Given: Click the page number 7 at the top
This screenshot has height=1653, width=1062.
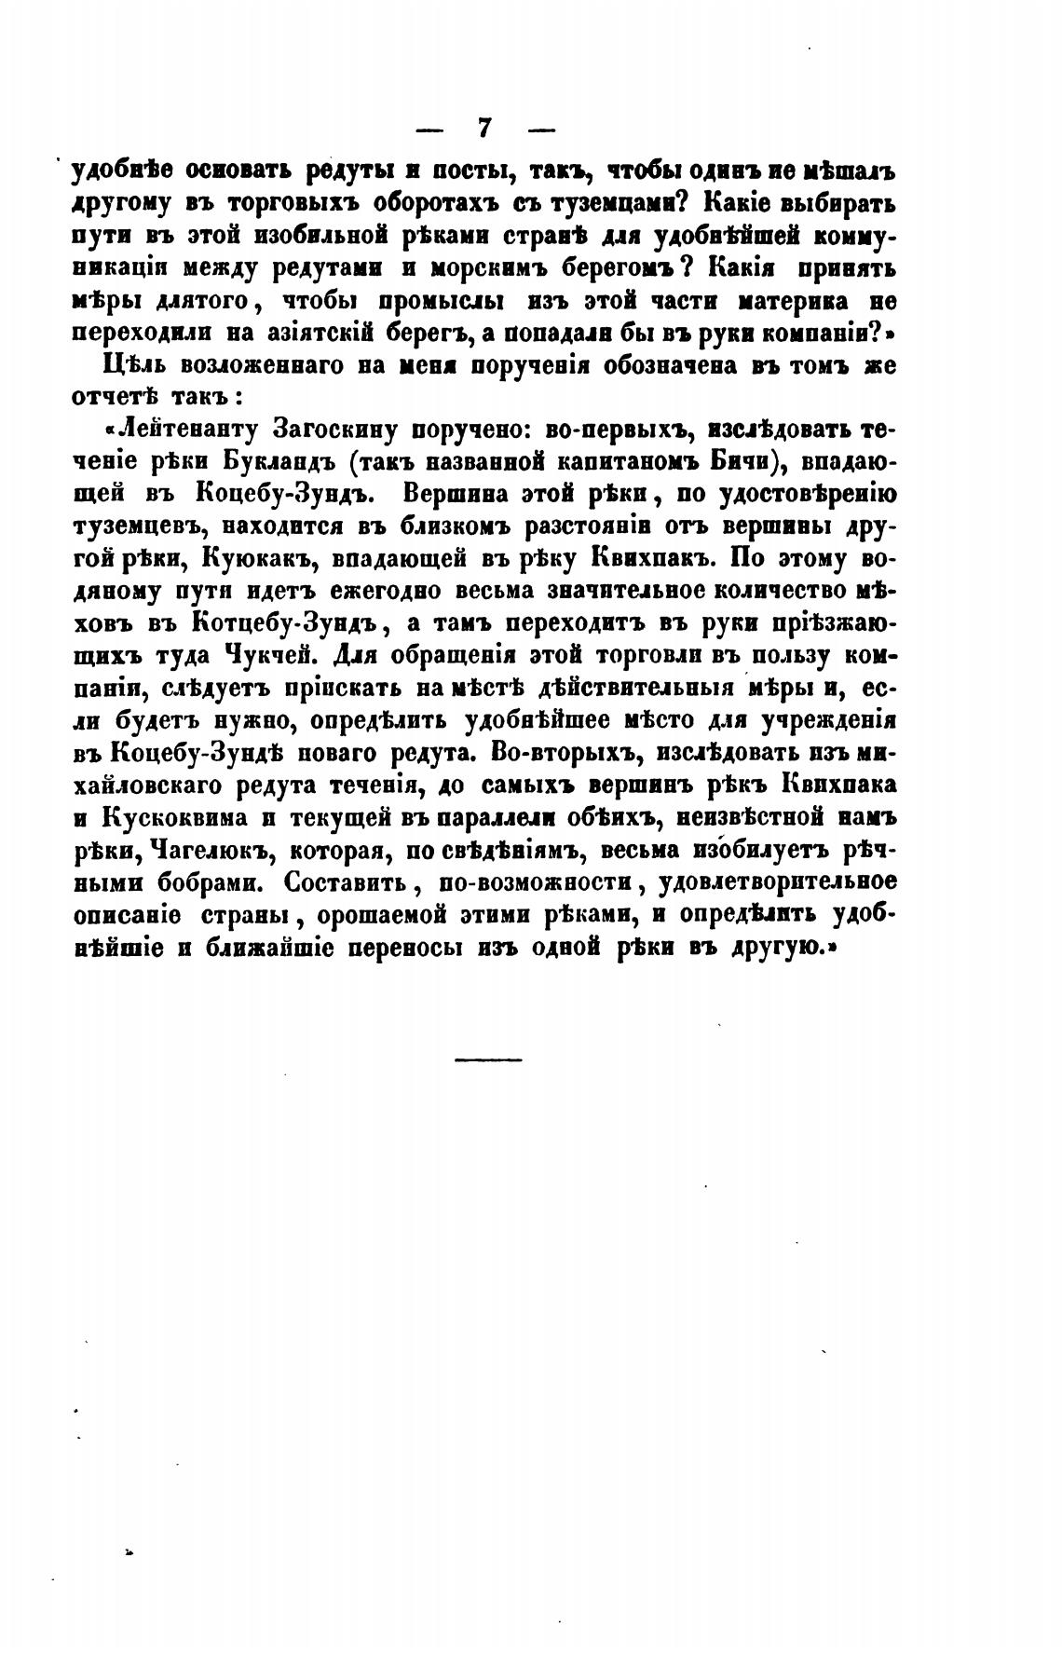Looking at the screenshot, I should pyautogui.click(x=483, y=126).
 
